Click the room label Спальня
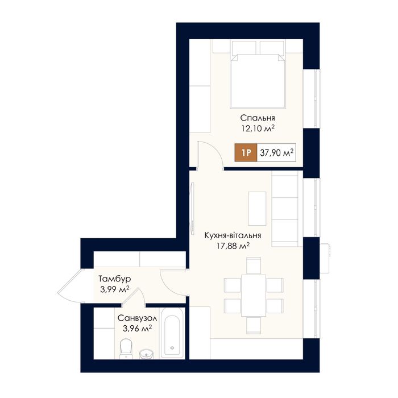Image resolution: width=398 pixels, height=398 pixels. tap(258, 118)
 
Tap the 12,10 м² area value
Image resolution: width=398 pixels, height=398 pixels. tap(258, 128)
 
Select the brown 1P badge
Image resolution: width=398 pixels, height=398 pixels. tap(246, 152)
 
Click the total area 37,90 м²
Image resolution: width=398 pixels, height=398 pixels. tap(277, 152)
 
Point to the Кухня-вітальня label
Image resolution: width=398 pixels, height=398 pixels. tap(233, 235)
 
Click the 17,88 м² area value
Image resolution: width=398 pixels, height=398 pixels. tap(233, 246)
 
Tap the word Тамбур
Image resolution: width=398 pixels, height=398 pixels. tap(115, 279)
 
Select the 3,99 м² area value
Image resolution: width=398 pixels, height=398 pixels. tap(115, 289)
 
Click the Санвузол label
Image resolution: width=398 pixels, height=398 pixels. tap(138, 318)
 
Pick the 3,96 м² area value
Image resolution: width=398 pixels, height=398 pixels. tap(138, 329)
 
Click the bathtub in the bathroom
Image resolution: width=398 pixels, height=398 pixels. tap(172, 333)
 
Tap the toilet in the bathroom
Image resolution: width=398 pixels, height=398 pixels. tap(126, 349)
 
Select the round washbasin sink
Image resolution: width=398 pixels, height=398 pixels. tap(146, 354)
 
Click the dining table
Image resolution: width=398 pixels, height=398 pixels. tap(254, 295)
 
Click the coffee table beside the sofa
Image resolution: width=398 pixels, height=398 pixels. tap(258, 209)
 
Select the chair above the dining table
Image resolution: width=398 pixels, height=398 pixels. tap(254, 266)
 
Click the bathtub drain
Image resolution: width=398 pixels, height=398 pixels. tap(172, 348)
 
